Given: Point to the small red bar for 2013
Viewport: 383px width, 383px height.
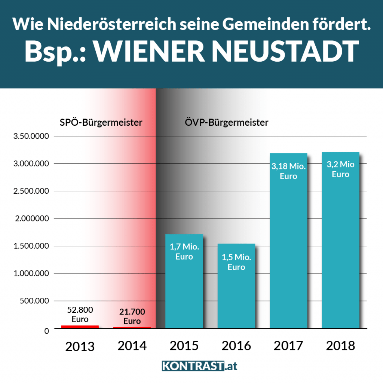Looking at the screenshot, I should [80, 327].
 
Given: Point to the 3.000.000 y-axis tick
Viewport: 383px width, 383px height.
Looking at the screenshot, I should [31, 164].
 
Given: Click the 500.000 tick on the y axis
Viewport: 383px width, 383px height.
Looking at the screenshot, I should [34, 301].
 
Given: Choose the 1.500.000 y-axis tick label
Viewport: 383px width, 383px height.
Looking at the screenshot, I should [31, 246].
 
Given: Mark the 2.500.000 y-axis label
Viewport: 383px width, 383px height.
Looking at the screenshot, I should [31, 191].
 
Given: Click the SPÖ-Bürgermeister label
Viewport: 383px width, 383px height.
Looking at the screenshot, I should [101, 122].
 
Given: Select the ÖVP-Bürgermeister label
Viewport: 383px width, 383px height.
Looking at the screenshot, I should [227, 122].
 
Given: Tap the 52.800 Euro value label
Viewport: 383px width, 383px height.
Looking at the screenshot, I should [80, 315].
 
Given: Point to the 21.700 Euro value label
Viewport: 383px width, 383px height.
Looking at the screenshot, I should [132, 316].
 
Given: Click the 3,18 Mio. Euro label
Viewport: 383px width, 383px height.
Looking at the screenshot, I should [288, 171].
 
